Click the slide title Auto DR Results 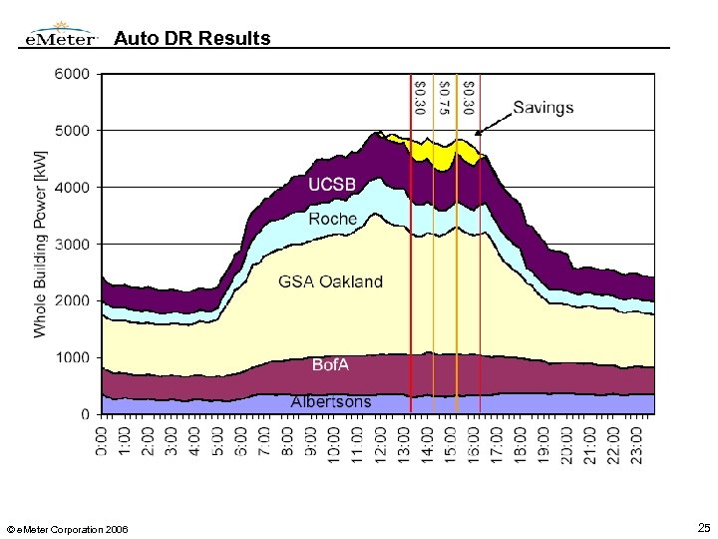[x=191, y=39]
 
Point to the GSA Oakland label [x=330, y=281]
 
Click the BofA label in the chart [x=331, y=365]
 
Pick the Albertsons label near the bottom [x=331, y=402]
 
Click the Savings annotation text [x=543, y=108]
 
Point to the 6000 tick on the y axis [x=71, y=74]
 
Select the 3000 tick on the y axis [x=71, y=244]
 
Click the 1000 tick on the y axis [x=71, y=357]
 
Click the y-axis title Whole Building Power [x=40, y=244]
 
